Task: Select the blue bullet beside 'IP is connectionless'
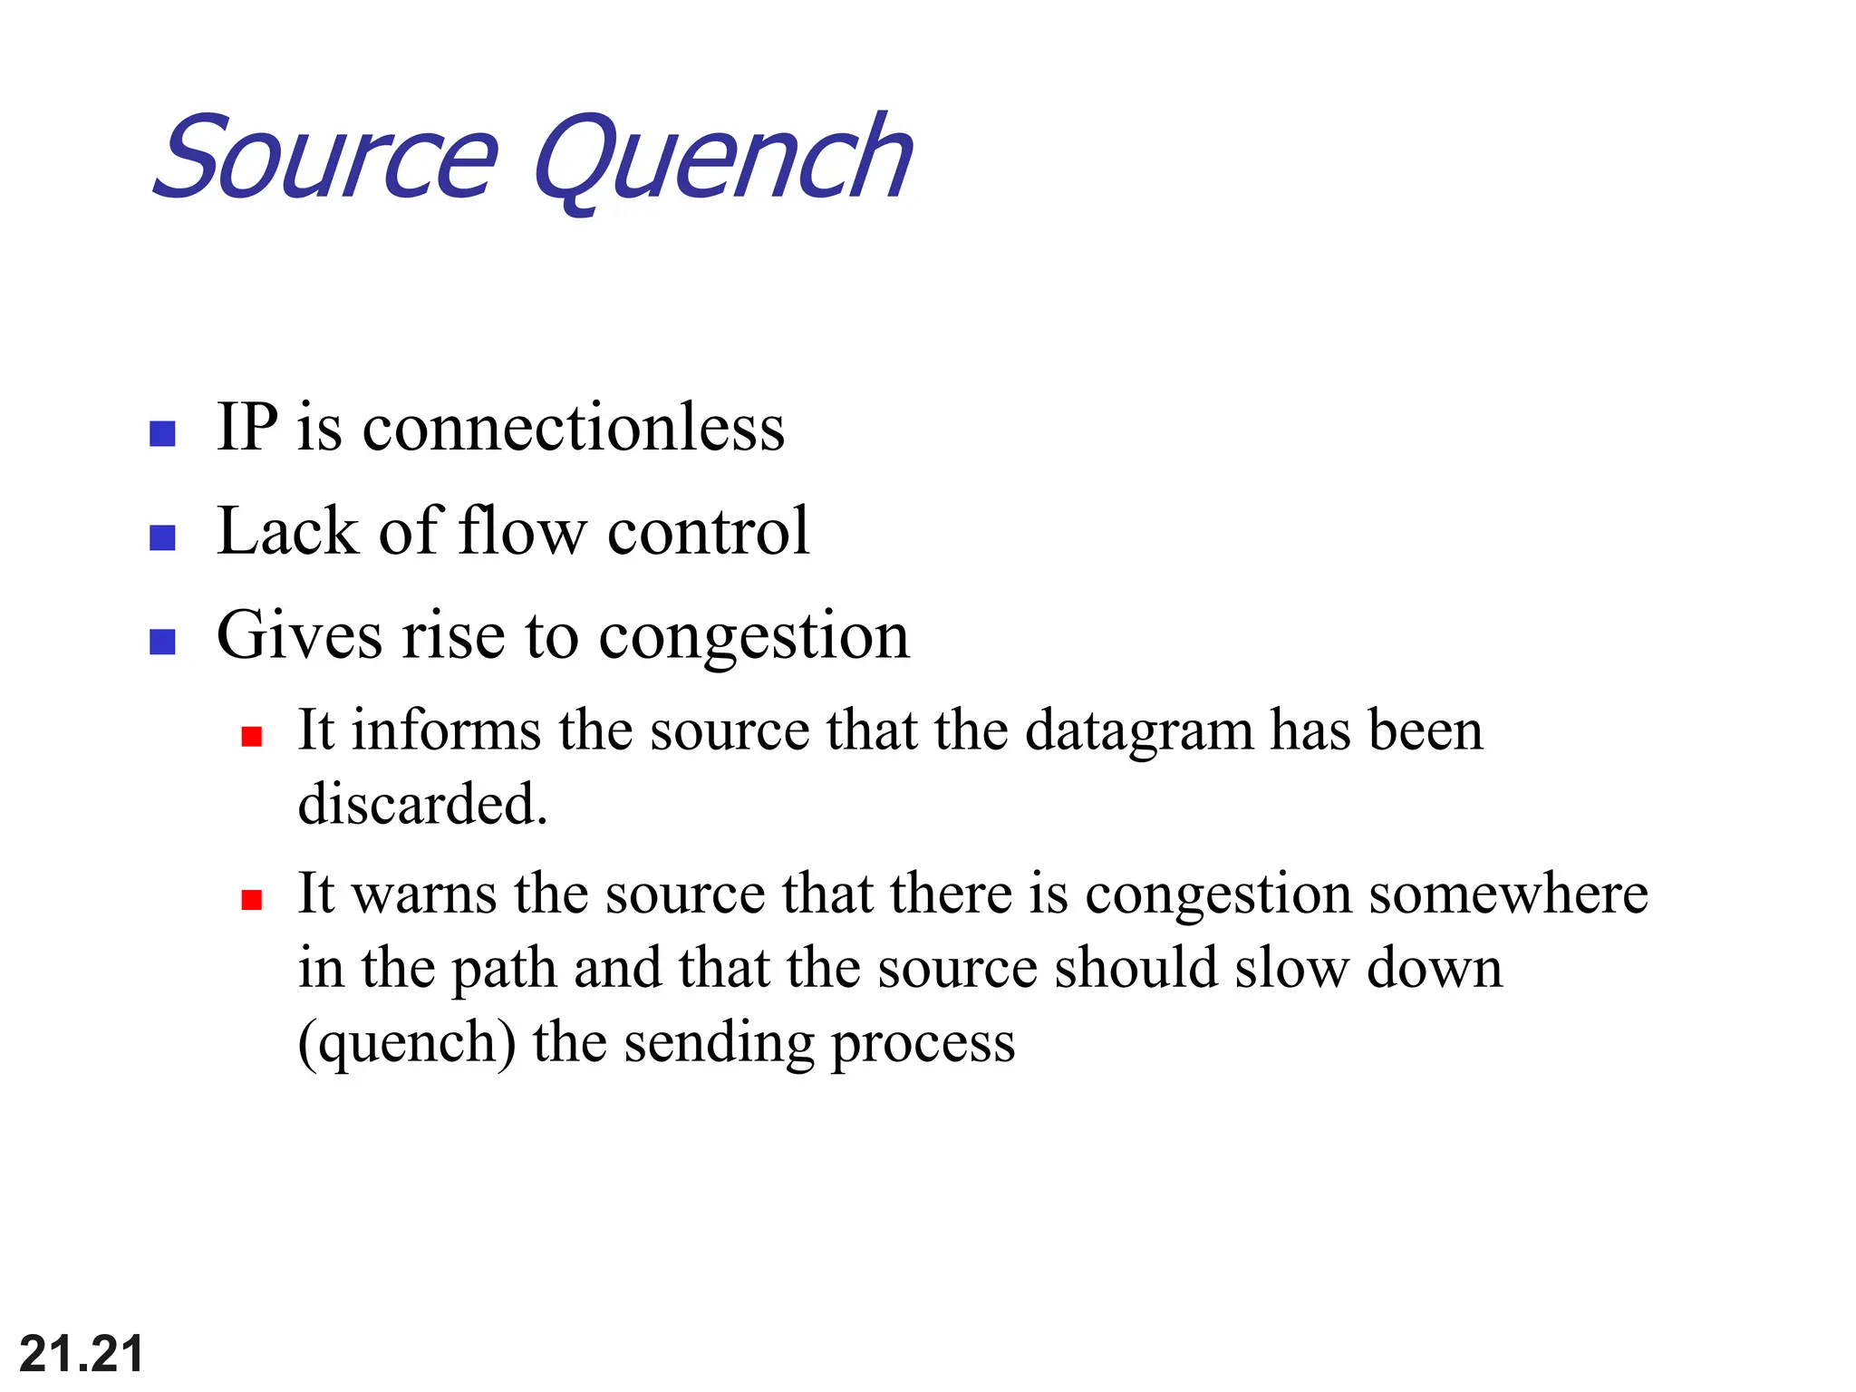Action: coord(162,433)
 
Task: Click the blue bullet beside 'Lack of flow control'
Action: coord(162,537)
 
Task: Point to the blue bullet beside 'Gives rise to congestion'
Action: coord(162,642)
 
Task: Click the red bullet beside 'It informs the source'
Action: coord(252,736)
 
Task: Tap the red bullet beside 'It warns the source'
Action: coord(252,899)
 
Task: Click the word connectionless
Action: coord(574,427)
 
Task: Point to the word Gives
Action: coord(299,636)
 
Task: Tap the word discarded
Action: coord(422,804)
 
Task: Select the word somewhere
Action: coord(1508,894)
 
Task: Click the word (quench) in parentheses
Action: coord(407,1043)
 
